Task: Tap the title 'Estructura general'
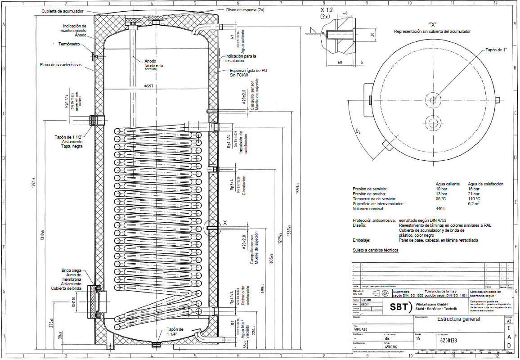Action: pyautogui.click(x=458, y=319)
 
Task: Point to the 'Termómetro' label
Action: pyautogui.click(x=69, y=44)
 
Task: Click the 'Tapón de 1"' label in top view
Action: pyautogui.click(x=496, y=50)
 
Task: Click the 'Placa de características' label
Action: pyautogui.click(x=61, y=65)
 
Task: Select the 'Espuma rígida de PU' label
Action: pyautogui.click(x=248, y=71)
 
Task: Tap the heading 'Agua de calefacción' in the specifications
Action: pyautogui.click(x=485, y=184)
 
